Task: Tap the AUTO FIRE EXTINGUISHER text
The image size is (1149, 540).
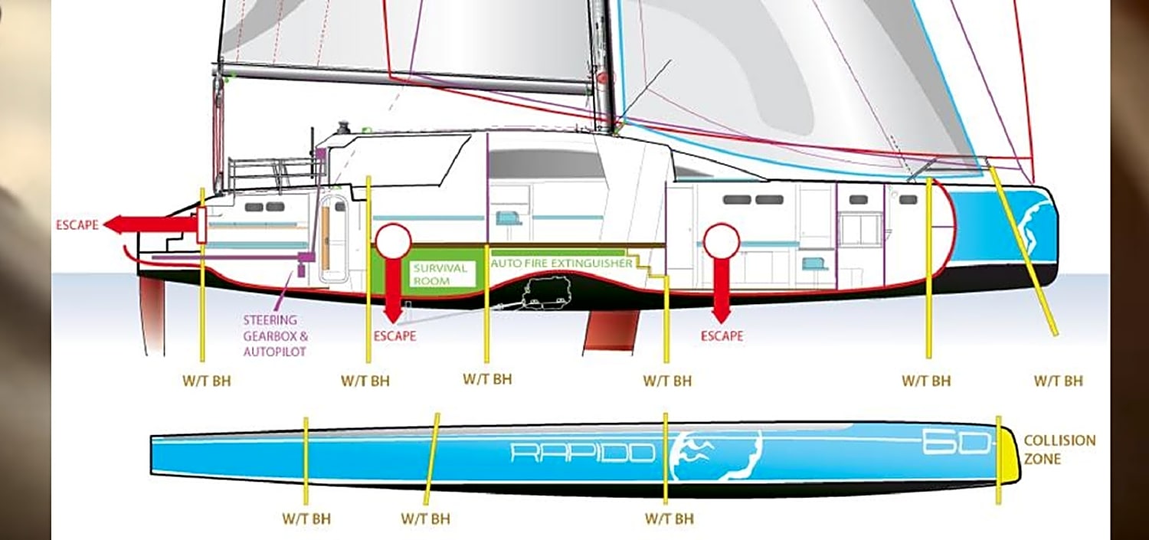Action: click(x=561, y=263)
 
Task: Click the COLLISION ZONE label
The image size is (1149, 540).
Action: click(x=1059, y=450)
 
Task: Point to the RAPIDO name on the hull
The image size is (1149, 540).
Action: click(x=583, y=453)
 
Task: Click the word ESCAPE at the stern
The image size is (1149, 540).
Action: click(x=77, y=225)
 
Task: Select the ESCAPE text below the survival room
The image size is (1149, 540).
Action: click(x=394, y=336)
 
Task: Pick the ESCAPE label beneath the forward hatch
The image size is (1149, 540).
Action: click(x=722, y=335)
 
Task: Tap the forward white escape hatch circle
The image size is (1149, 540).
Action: click(x=722, y=241)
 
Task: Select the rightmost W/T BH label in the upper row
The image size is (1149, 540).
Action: click(x=1058, y=381)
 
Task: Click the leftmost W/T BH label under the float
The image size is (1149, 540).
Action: click(x=306, y=519)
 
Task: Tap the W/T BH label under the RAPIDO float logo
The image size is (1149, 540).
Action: click(x=669, y=519)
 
